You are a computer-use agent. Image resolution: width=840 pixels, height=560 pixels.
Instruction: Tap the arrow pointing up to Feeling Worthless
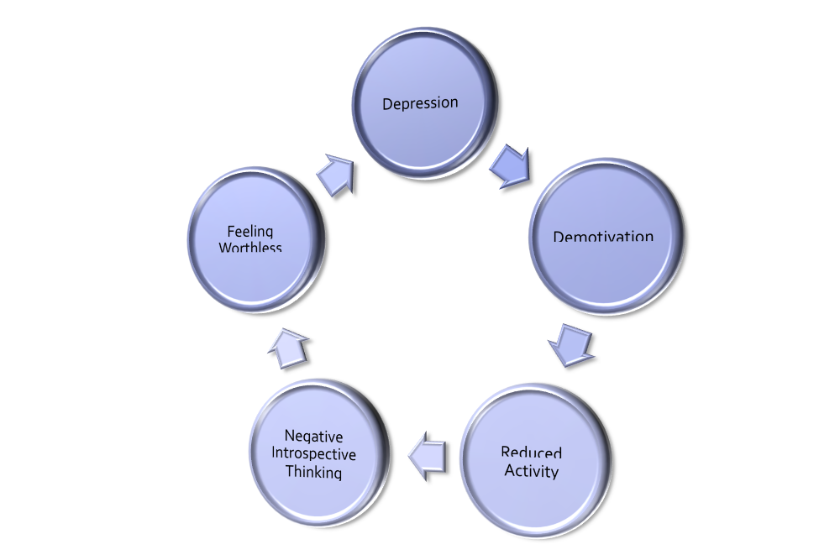(x=287, y=347)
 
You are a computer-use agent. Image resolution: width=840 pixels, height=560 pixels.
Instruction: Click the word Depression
(x=420, y=103)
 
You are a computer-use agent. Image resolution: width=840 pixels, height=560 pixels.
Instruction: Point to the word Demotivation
(x=603, y=235)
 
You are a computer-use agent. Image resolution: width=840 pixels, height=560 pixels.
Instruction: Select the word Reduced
(x=532, y=454)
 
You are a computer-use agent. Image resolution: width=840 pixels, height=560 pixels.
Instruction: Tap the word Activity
(x=532, y=471)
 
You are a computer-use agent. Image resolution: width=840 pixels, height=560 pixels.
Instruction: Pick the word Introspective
(x=314, y=454)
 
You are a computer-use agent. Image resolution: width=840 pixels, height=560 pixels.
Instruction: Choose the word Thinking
(x=314, y=472)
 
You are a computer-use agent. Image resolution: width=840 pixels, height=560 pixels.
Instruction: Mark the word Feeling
(x=251, y=231)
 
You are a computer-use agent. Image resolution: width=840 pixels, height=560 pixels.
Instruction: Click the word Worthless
(x=250, y=247)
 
